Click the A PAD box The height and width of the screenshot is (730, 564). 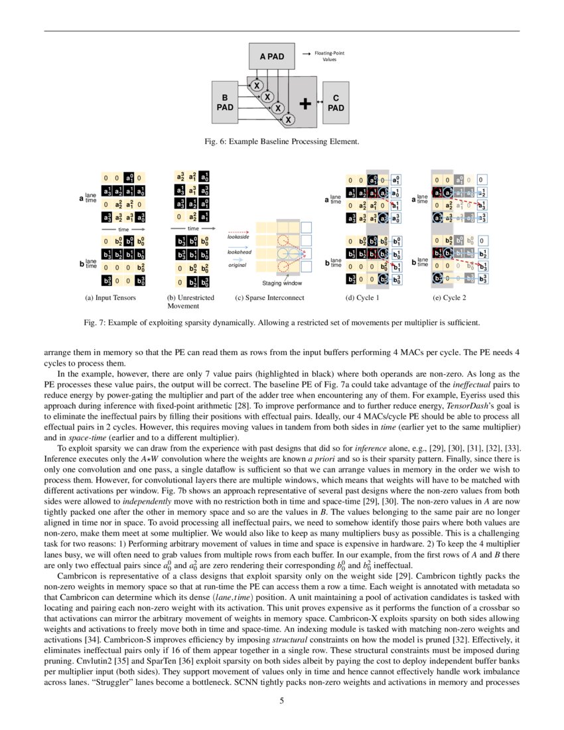pyautogui.click(x=271, y=57)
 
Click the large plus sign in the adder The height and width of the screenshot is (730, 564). pyautogui.click(x=305, y=103)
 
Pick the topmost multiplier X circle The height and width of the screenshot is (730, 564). pyautogui.click(x=257, y=85)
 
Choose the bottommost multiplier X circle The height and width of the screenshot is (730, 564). pyautogui.click(x=288, y=119)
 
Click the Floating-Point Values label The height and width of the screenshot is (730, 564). pyautogui.click(x=329, y=56)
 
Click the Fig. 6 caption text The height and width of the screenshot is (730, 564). pyautogui.click(x=281, y=141)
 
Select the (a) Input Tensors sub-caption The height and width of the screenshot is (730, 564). pyautogui.click(x=110, y=298)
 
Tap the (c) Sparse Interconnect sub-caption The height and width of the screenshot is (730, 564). pyautogui.click(x=269, y=298)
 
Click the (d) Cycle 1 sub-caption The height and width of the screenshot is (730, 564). pyautogui.click(x=363, y=298)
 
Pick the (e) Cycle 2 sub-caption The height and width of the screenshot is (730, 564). pyautogui.click(x=449, y=298)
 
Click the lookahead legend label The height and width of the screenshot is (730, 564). pyautogui.click(x=239, y=252)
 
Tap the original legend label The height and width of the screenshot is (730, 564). pyautogui.click(x=236, y=265)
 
